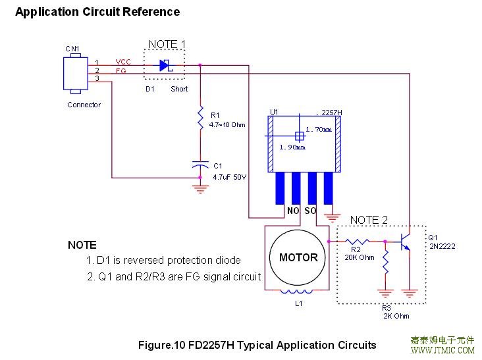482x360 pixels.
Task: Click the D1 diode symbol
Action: (x=165, y=65)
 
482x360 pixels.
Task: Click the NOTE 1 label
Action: (x=167, y=44)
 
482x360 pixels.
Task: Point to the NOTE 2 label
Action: (x=369, y=220)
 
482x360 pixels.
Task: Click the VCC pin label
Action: (x=123, y=62)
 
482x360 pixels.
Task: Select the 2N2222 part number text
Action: (x=442, y=246)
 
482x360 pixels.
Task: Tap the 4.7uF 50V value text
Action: (x=229, y=177)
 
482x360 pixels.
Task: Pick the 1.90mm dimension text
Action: (x=292, y=147)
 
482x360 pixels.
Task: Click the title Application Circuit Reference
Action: (x=97, y=12)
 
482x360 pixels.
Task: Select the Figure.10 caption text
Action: (x=257, y=345)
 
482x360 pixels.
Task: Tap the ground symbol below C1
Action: (x=200, y=187)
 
